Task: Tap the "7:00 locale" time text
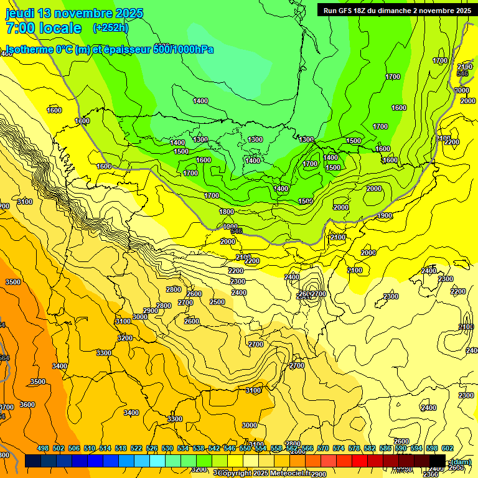(44, 28)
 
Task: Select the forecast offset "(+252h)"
(111, 28)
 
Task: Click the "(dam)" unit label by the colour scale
(460, 462)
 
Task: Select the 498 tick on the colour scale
(43, 448)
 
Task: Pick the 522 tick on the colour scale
(136, 448)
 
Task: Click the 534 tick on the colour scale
(183, 448)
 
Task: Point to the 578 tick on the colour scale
(354, 448)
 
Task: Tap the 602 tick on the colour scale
(448, 448)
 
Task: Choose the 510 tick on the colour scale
(90, 448)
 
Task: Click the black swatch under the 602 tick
(438, 461)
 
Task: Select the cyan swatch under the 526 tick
(157, 461)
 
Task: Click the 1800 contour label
(227, 212)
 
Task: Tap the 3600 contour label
(27, 405)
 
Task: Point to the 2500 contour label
(217, 302)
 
